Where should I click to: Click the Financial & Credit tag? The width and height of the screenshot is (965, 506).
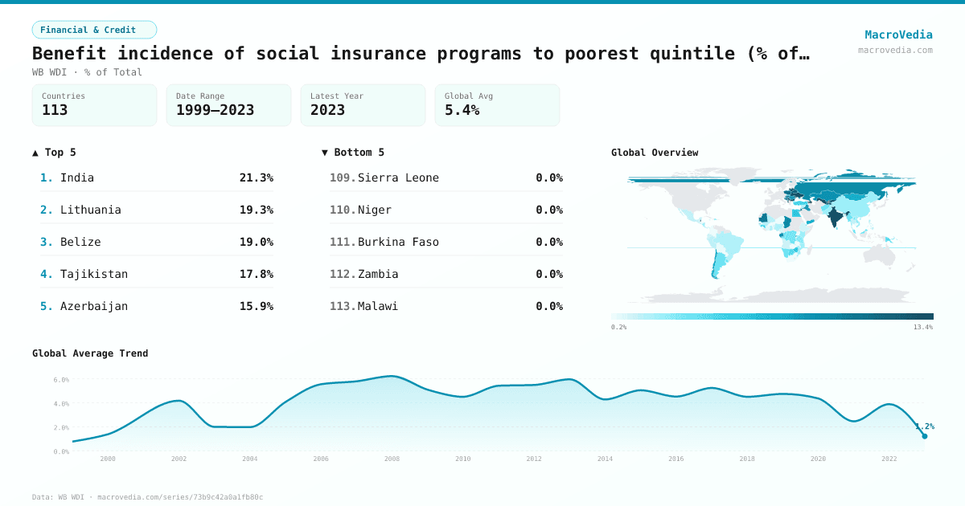coord(94,30)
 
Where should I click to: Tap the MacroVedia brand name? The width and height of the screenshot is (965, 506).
coord(898,35)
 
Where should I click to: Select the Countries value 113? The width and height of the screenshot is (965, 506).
coord(55,110)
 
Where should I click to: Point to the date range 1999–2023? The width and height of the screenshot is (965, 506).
coord(215,110)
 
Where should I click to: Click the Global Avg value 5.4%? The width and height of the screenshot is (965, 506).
coord(462,110)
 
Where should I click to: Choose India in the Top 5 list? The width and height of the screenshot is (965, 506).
coord(77,178)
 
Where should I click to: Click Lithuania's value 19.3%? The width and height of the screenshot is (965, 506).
coord(256,210)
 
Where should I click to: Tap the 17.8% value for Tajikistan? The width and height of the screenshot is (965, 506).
coord(256,274)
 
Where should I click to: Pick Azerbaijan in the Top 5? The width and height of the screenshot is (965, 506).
coord(94,306)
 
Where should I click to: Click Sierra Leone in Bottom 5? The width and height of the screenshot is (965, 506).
coord(398,178)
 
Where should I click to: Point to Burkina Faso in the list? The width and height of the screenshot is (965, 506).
coord(398,242)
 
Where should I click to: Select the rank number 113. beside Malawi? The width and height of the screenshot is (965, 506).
coord(343,306)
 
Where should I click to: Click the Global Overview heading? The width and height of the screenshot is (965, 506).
coord(655,153)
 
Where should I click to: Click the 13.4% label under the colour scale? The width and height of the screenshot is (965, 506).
coord(922,327)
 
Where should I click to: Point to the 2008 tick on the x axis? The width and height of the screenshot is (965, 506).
coord(392,459)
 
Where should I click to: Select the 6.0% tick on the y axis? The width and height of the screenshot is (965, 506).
coord(61,379)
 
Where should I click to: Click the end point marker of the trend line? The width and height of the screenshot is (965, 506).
coord(924,436)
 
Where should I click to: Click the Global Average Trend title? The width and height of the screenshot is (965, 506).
coord(90,353)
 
